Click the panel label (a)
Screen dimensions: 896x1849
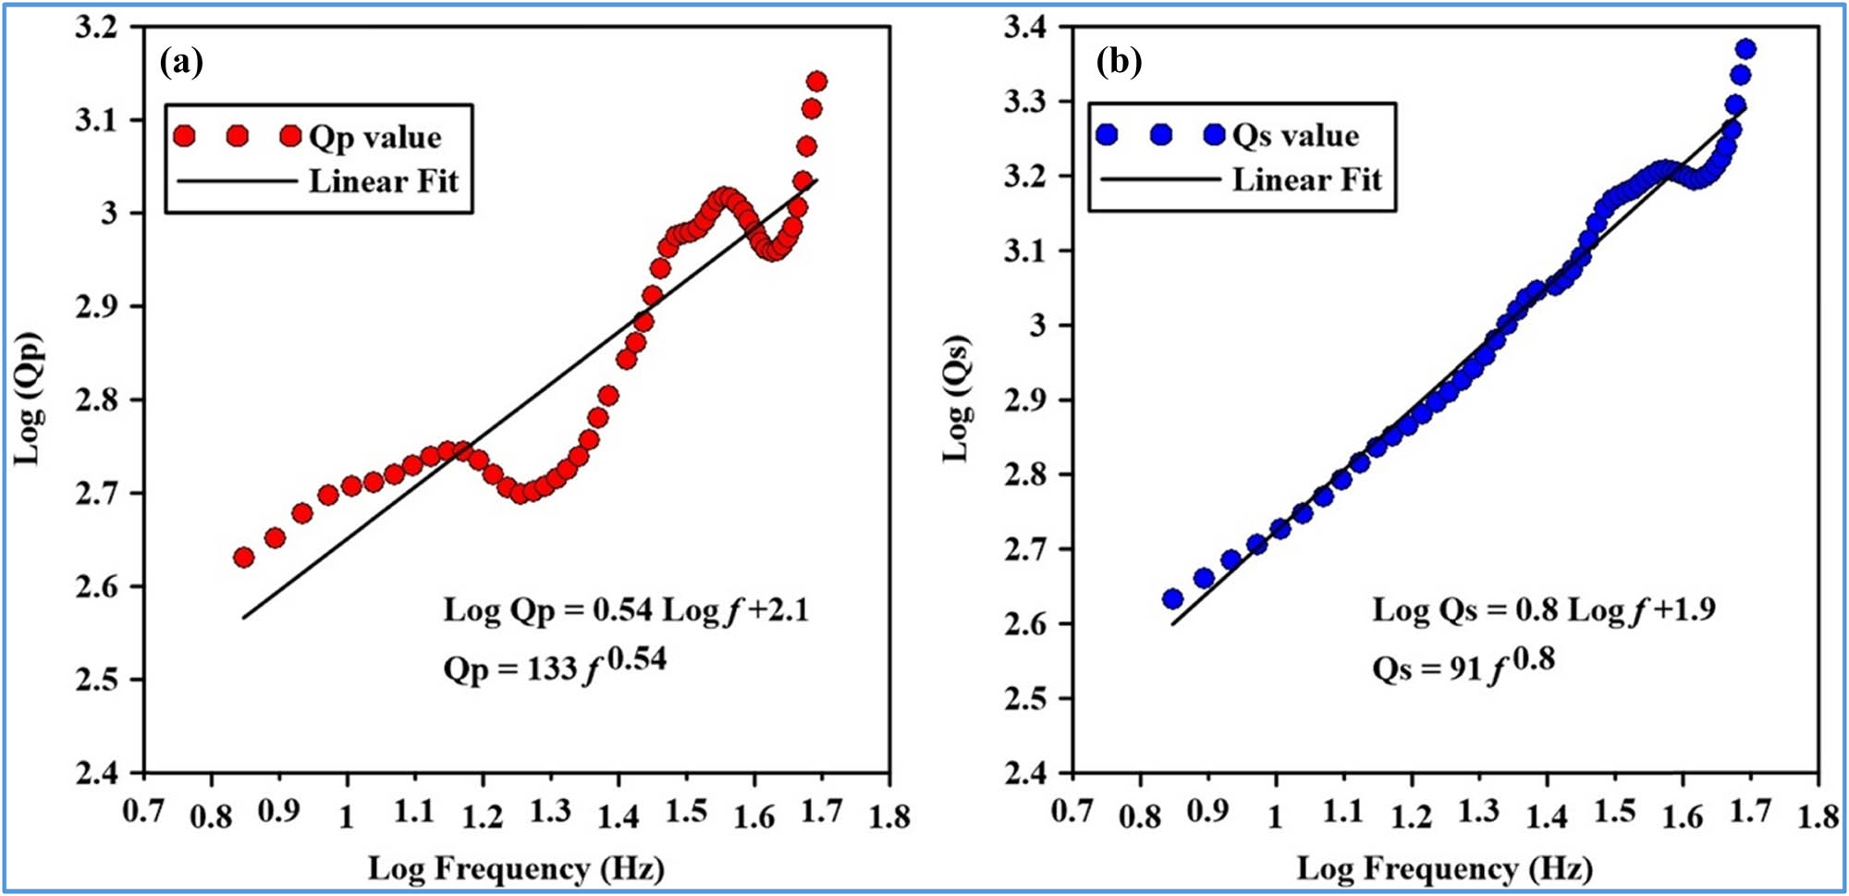[181, 62]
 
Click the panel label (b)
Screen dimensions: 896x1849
[1119, 62]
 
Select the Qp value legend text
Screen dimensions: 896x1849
[374, 137]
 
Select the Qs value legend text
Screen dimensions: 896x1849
[1295, 135]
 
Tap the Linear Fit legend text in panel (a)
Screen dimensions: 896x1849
[383, 181]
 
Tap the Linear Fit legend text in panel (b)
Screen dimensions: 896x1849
[1306, 179]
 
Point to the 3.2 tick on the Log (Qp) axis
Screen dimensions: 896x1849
[97, 28]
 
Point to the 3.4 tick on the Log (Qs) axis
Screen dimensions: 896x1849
[1025, 27]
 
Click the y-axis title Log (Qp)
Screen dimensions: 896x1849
[30, 399]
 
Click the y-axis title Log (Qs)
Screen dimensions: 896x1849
[958, 399]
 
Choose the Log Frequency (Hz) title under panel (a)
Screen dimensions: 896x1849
[516, 868]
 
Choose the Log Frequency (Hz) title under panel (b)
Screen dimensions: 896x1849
[1444, 868]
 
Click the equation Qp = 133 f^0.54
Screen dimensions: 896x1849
[555, 665]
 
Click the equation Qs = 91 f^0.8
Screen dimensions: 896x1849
[1463, 665]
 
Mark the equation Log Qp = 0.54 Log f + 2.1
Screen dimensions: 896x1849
[626, 610]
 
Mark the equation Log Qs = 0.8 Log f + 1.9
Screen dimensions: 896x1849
[1543, 609]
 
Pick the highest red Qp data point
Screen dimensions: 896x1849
[816, 81]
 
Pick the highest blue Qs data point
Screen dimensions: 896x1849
[1745, 49]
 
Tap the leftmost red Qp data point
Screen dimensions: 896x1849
[244, 558]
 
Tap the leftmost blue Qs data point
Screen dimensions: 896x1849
[1172, 599]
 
